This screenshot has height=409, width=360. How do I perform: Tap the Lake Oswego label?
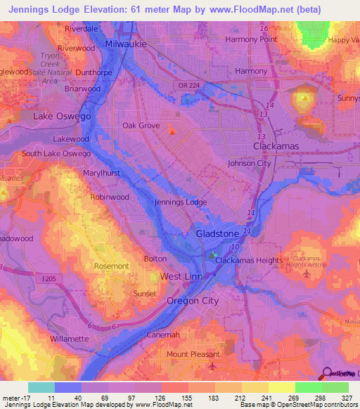click(x=58, y=115)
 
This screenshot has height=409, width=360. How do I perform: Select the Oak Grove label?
click(x=139, y=126)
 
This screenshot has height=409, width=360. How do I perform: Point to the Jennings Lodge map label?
click(x=180, y=202)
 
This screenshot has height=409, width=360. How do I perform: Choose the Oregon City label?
click(x=192, y=301)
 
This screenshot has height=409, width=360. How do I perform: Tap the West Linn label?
click(x=181, y=277)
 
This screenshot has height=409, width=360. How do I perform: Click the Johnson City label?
click(x=249, y=164)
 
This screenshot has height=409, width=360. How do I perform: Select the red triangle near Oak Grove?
click(x=171, y=129)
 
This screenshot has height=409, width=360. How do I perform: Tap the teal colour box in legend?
click(x=41, y=387)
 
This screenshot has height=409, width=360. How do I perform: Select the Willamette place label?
click(x=69, y=339)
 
